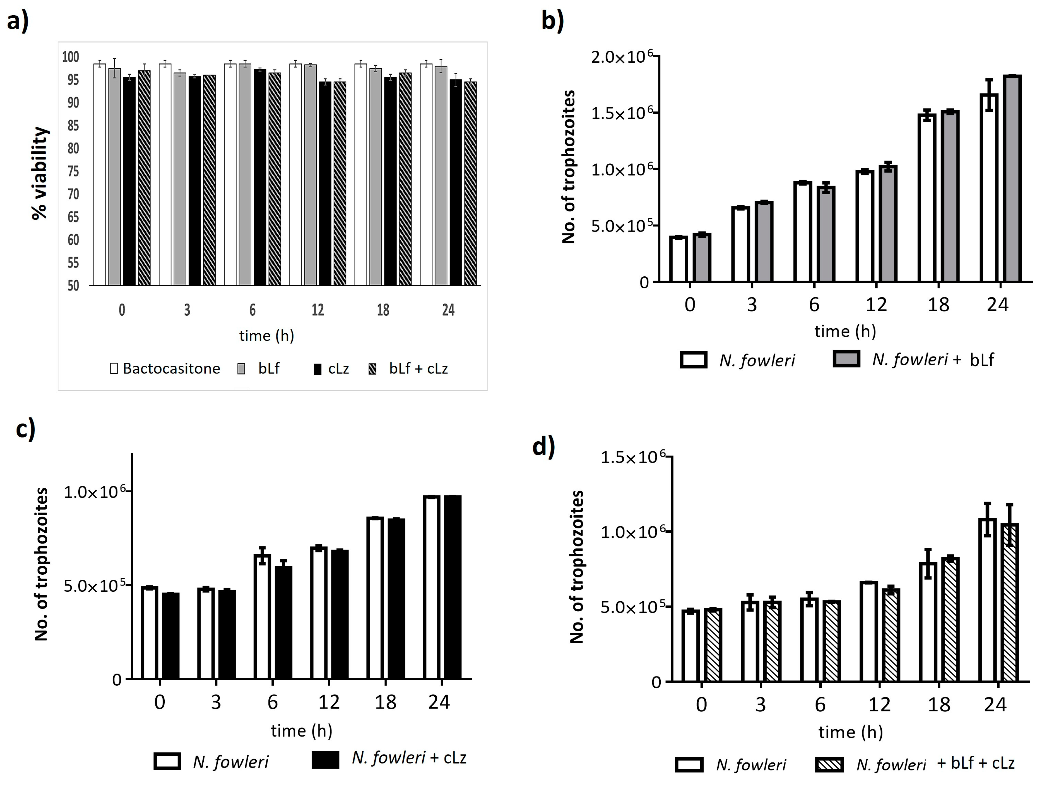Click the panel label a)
[18, 21]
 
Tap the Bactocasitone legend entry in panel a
[165, 369]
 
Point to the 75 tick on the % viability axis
[73, 171]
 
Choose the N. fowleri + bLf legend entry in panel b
[914, 360]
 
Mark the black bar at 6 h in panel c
[283, 622]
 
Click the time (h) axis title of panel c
[301, 731]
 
